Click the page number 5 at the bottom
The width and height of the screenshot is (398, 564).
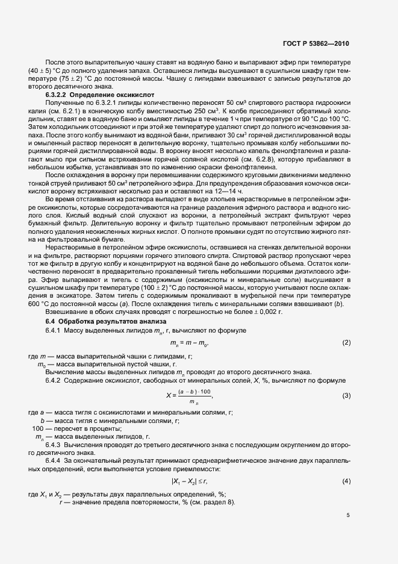[x=347, y=515]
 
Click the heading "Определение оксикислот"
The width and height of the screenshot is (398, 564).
[x=116, y=95]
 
